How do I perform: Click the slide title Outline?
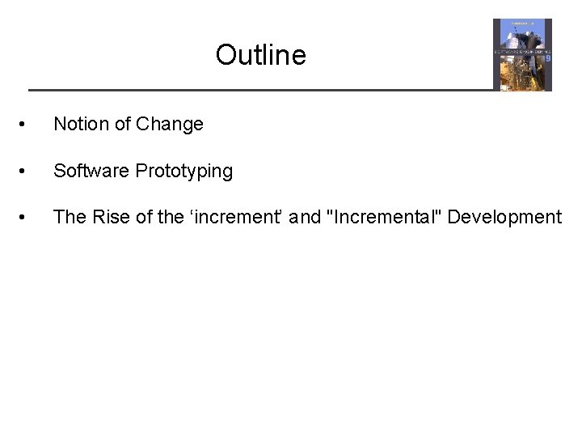(x=260, y=55)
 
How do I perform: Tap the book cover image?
(x=522, y=54)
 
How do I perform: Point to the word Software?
(x=91, y=171)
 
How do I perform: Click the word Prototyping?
(x=184, y=172)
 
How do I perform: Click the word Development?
(x=504, y=217)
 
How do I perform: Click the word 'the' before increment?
(x=171, y=217)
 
